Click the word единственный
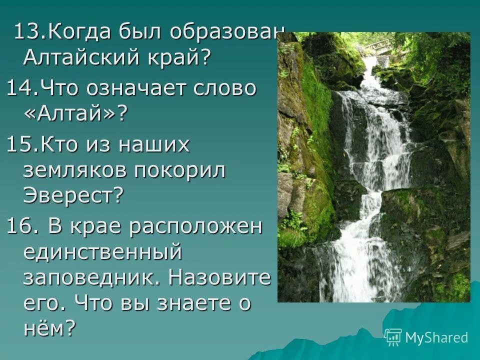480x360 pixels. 102,252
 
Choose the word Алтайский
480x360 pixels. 80,58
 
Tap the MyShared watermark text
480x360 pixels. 436,337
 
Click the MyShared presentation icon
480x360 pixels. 393,337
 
